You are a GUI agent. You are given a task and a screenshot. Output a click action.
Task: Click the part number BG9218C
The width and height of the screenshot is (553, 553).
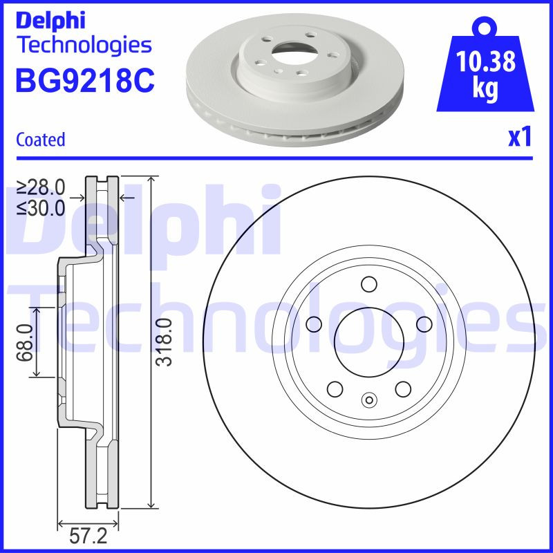[x=84, y=81]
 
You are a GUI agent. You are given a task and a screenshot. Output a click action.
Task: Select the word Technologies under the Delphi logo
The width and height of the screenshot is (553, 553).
[x=84, y=46]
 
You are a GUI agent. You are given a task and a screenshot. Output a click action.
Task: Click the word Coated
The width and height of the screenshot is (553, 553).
[x=40, y=140]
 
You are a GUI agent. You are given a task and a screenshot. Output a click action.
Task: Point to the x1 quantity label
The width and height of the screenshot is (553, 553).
[x=520, y=138]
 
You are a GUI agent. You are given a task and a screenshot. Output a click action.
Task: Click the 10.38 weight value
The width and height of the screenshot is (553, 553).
[x=487, y=63]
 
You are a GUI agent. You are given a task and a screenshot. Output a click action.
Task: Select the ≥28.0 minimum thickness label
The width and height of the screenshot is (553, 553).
[x=41, y=187]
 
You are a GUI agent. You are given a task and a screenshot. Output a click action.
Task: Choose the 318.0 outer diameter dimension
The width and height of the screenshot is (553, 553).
[x=164, y=342]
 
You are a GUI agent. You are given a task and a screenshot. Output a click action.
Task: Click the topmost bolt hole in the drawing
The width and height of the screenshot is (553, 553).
[x=368, y=283]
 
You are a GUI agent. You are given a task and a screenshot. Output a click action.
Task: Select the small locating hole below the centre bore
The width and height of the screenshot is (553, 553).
[x=368, y=399]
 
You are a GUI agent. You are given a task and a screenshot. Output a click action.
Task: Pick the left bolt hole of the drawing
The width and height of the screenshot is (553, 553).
[x=315, y=323]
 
